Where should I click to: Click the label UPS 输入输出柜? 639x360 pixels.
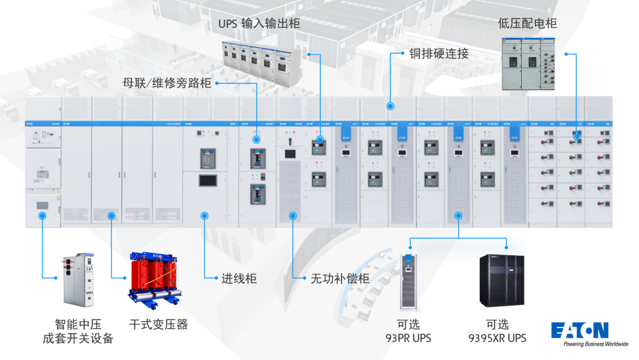click(x=259, y=24)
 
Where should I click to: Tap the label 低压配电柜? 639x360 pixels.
click(x=527, y=23)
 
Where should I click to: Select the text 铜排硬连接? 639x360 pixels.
click(x=439, y=53)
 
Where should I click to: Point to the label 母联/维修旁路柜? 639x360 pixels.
click(x=167, y=83)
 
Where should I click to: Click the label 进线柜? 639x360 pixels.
click(x=239, y=278)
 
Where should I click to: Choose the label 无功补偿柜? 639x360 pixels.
click(x=340, y=278)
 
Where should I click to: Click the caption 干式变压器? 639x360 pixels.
click(x=158, y=324)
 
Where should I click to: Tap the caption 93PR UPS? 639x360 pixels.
click(x=408, y=338)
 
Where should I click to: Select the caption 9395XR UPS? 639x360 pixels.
click(x=498, y=338)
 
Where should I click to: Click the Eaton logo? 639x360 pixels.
click(x=579, y=330)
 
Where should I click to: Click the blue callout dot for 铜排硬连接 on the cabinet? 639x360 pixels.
click(x=390, y=107)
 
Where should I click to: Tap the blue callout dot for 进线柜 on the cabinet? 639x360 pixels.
click(x=204, y=216)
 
